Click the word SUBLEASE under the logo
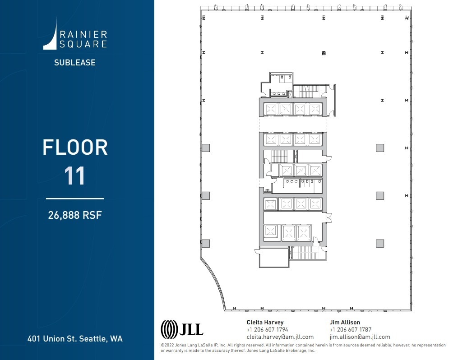[75, 63]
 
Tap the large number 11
[75, 175]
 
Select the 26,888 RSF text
[75, 215]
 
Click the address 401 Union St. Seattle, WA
[75, 338]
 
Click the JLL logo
[182, 328]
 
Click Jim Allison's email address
[360, 337]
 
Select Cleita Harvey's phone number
[267, 330]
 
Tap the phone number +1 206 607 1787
[350, 330]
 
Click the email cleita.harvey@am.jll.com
[280, 337]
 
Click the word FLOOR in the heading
[75, 148]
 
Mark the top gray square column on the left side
[206, 148]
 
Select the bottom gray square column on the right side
[380, 243]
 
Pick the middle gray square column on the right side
[380, 195]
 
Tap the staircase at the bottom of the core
[309, 253]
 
